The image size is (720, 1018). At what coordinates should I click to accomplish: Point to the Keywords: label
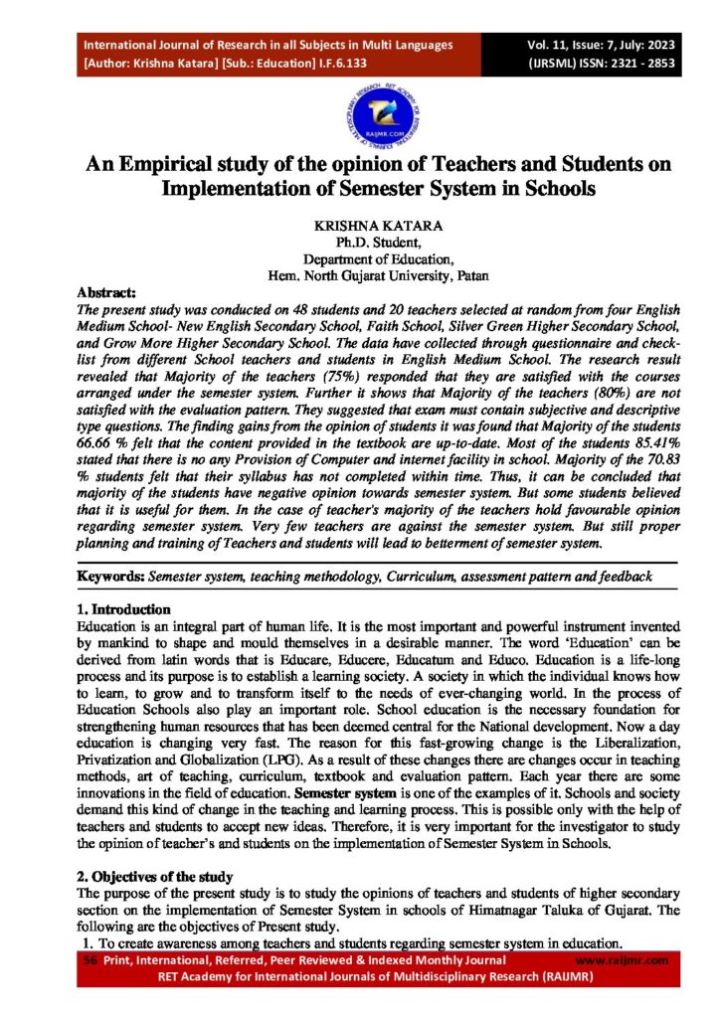click(x=111, y=577)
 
